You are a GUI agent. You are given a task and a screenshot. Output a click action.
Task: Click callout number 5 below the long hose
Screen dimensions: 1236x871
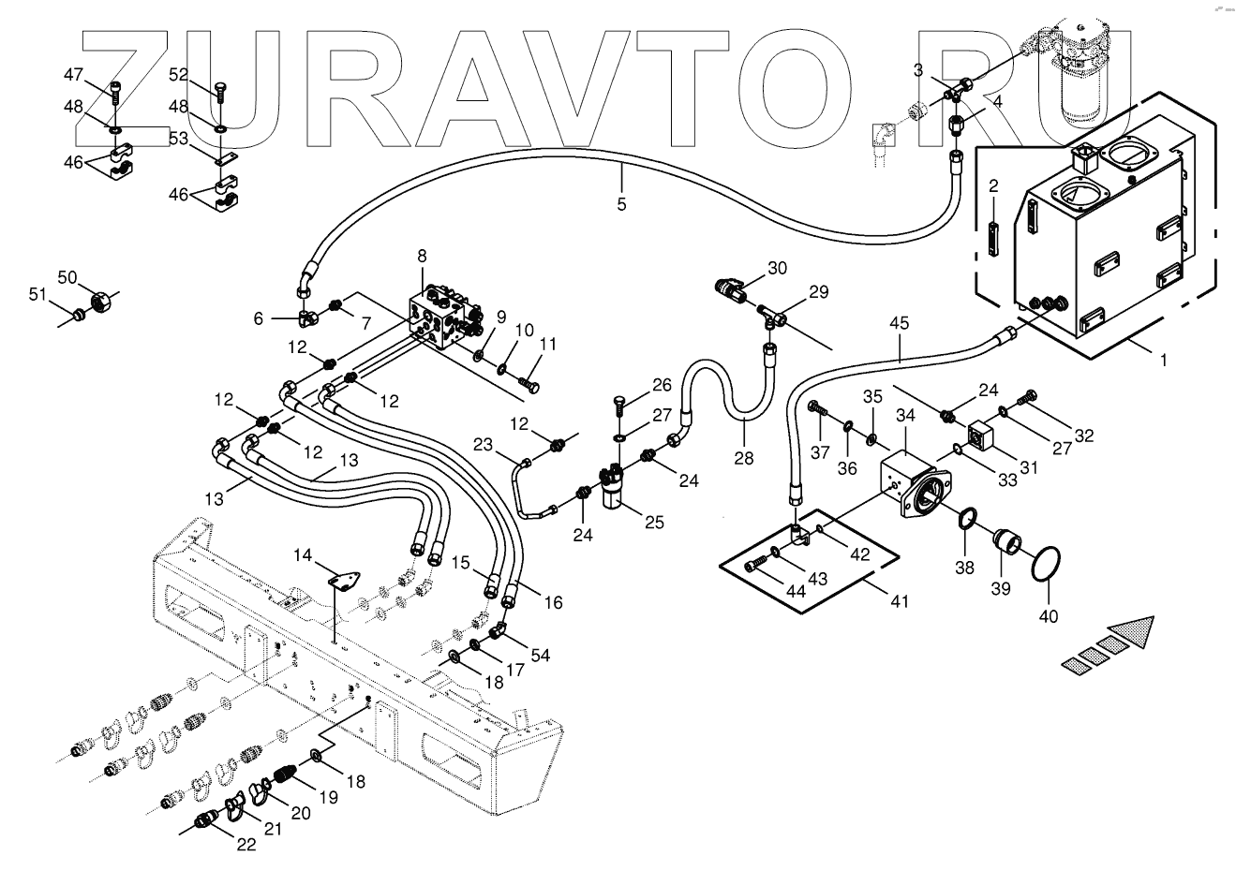(622, 205)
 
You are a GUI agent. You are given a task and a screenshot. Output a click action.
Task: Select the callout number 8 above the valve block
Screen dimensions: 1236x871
(422, 256)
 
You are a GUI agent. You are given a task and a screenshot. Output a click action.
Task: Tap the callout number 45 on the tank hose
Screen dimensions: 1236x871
(899, 323)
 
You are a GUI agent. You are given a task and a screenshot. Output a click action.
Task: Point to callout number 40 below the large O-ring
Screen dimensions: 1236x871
(1049, 616)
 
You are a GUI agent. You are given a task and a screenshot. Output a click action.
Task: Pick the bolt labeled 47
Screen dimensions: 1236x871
(115, 92)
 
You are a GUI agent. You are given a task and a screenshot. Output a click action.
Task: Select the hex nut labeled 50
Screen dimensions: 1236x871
(100, 302)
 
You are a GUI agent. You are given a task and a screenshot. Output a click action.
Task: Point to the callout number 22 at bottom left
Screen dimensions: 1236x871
(246, 845)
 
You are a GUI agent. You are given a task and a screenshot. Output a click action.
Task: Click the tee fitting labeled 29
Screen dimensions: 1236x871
(772, 318)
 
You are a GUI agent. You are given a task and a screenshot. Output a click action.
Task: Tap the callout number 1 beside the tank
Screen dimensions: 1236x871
(1163, 361)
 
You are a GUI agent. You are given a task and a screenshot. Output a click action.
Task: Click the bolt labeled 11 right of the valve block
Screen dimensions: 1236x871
(529, 383)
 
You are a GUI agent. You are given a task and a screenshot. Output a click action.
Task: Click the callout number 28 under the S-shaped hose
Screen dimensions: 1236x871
(743, 458)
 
